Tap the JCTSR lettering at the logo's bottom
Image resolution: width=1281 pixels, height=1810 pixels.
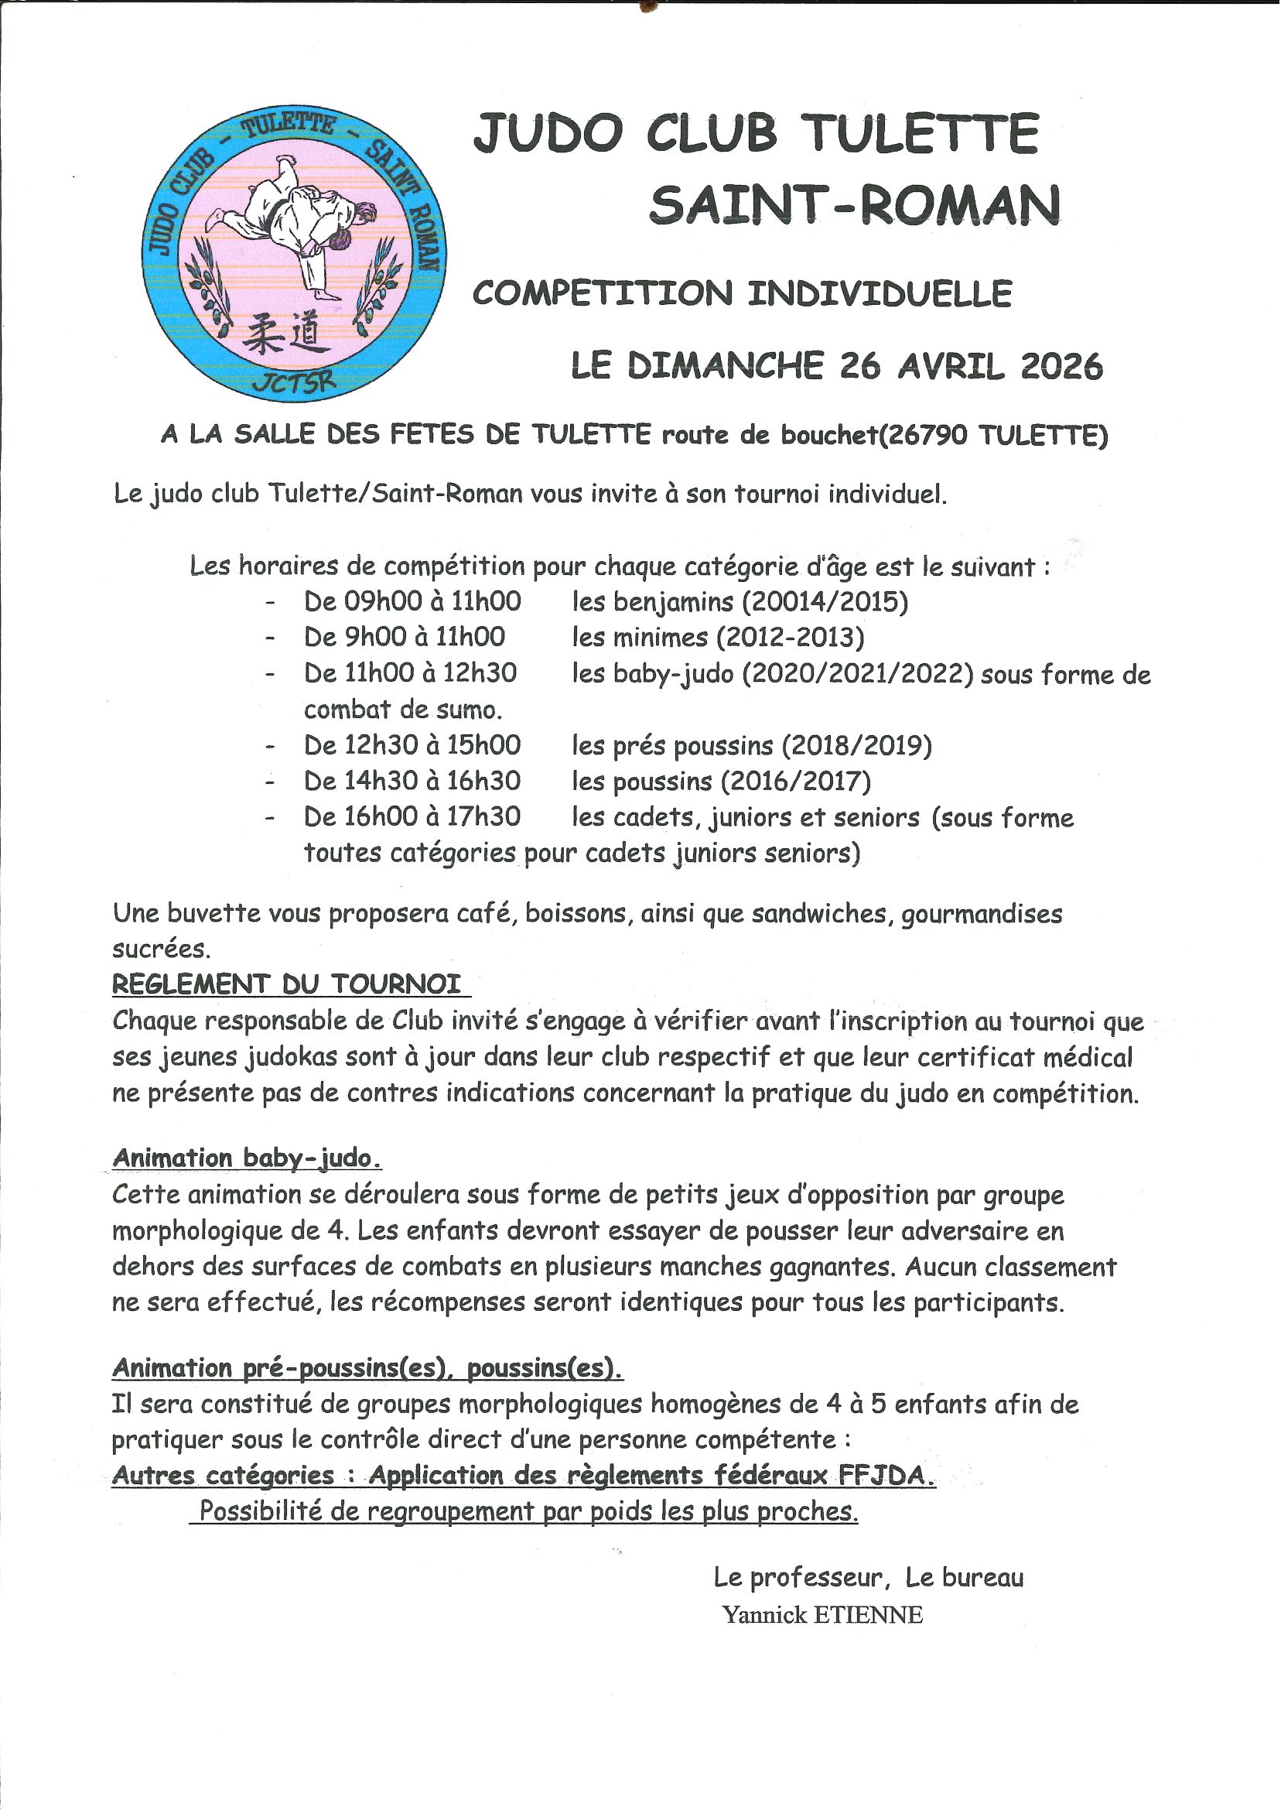[294, 382]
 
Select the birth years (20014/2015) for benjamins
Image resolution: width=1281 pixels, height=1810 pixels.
[825, 602]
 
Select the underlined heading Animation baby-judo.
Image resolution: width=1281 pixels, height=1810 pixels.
[247, 1158]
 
